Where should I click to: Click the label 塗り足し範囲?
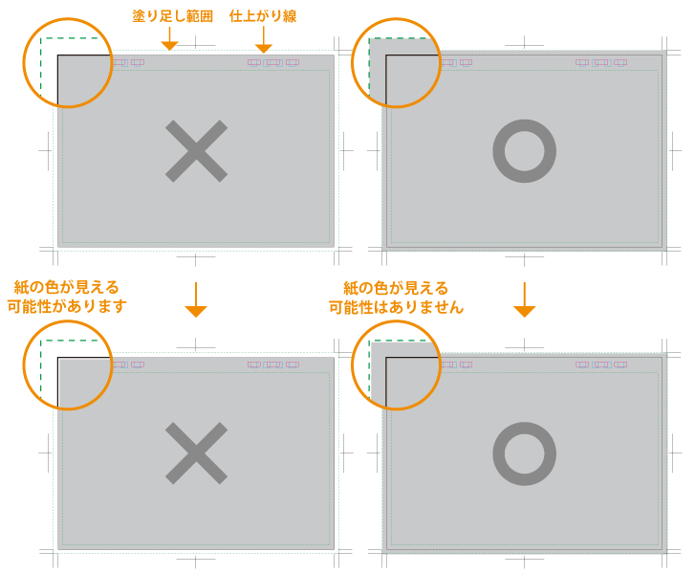(x=173, y=16)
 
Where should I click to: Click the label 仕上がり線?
(x=263, y=16)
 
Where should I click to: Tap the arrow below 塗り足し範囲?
(x=169, y=38)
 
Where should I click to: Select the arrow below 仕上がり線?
(x=264, y=39)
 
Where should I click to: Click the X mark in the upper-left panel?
(x=196, y=151)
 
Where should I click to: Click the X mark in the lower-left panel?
(x=196, y=453)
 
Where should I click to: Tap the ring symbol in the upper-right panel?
(x=524, y=120)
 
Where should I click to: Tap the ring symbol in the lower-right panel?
(x=524, y=423)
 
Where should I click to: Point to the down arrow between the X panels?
(x=195, y=299)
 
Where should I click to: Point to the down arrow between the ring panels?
(x=524, y=299)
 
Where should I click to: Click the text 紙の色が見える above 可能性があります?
(x=67, y=287)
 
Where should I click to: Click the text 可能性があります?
(x=67, y=306)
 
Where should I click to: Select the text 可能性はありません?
(x=396, y=307)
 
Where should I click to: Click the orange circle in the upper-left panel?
(x=67, y=18)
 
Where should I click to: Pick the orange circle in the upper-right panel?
(x=396, y=18)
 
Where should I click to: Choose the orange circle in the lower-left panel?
(x=67, y=321)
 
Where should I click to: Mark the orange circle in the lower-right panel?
(x=396, y=321)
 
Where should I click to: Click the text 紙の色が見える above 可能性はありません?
(x=396, y=288)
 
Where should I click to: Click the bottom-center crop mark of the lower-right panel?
(x=524, y=559)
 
